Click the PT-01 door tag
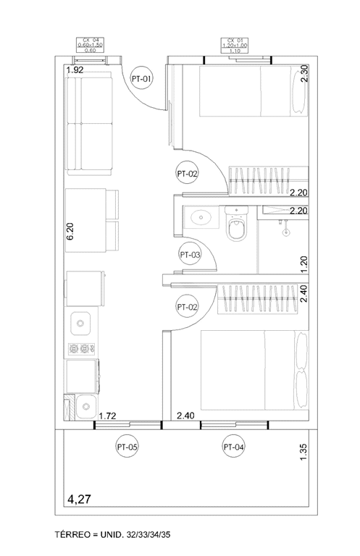141,77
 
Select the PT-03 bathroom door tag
190,255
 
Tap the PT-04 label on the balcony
234,447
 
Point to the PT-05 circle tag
127,447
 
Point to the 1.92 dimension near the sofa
75,71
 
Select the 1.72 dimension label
107,416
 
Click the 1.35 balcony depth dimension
304,452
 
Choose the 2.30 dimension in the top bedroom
304,75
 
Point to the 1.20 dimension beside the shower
304,264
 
